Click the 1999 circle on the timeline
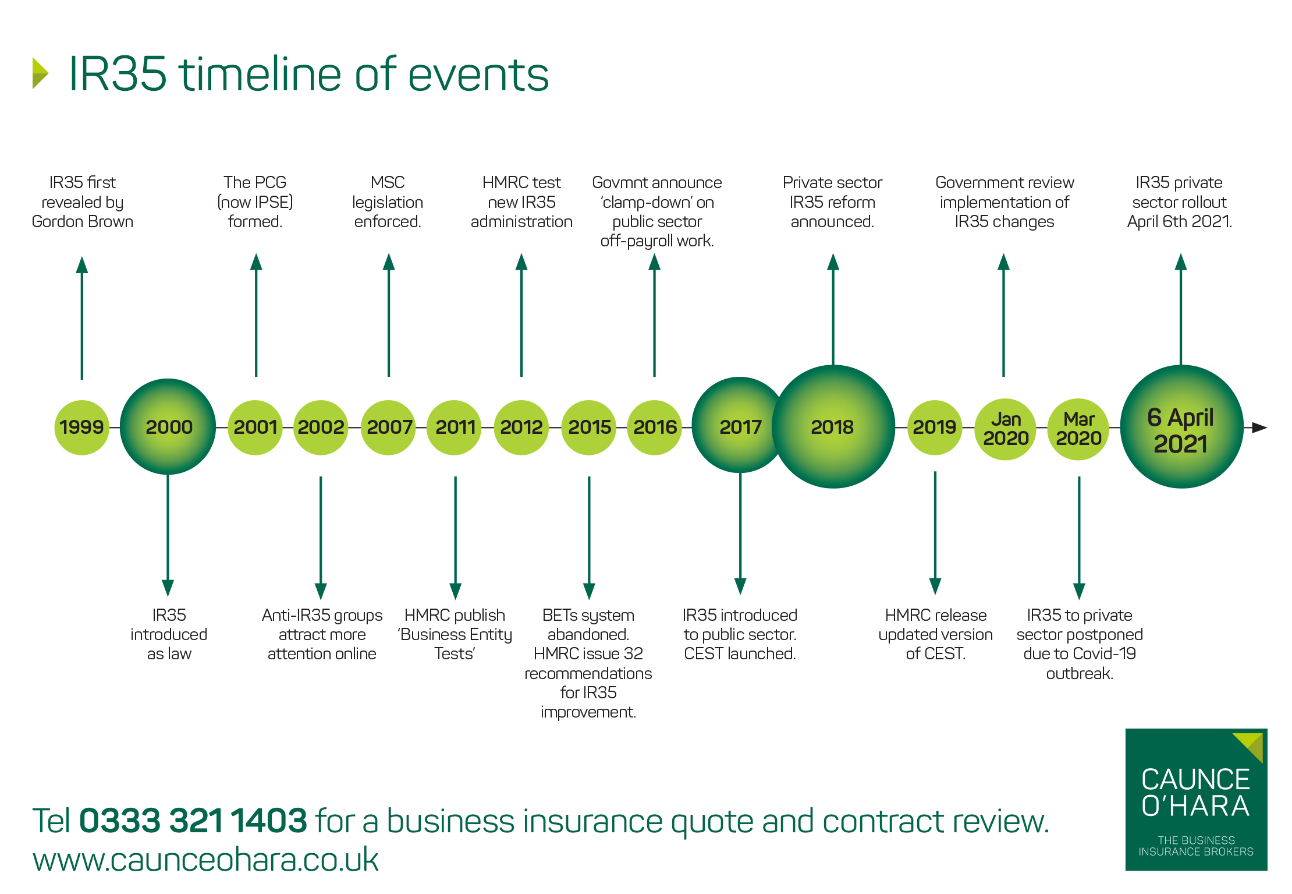coord(81,427)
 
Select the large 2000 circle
coord(168,427)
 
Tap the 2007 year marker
coord(389,427)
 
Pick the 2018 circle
coord(833,427)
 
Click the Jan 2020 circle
coord(1005,429)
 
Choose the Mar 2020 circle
coord(1078,429)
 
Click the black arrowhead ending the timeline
coord(1259,427)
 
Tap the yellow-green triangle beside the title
coord(40,73)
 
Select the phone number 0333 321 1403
coord(193,821)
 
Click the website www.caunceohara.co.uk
coord(205,860)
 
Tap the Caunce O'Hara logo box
coord(1196,799)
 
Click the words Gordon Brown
coord(82,222)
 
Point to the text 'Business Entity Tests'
coord(455,644)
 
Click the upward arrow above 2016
coord(654,315)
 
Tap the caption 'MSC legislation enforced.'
coord(388,202)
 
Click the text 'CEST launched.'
coord(740,654)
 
